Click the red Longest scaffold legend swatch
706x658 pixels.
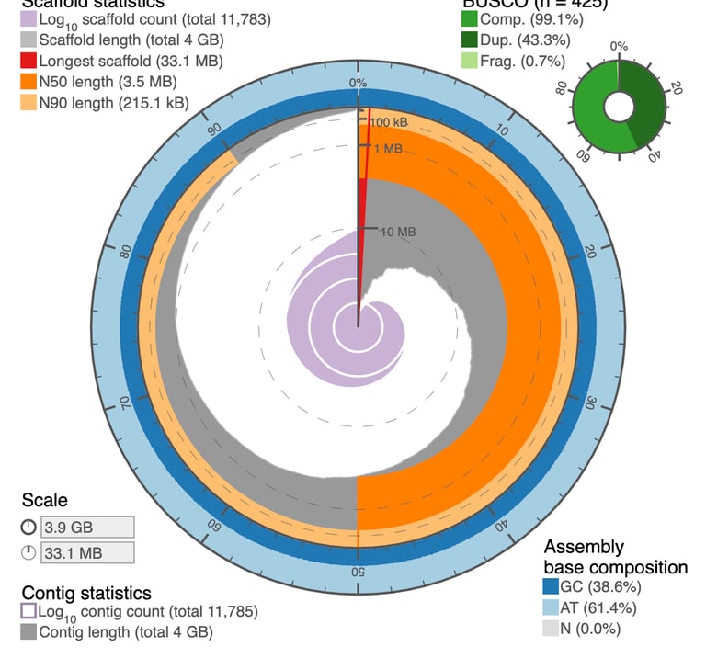pyautogui.click(x=28, y=61)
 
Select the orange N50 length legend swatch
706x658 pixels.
pyautogui.click(x=28, y=82)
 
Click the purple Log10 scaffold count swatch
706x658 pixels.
pyautogui.click(x=28, y=18)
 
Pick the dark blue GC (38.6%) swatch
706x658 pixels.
pyautogui.click(x=552, y=586)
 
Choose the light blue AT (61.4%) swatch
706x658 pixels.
pyautogui.click(x=552, y=607)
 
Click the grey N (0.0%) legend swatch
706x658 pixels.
pyautogui.click(x=552, y=629)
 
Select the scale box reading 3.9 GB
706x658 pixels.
pyautogui.click(x=87, y=527)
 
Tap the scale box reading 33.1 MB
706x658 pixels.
pyautogui.click(x=87, y=552)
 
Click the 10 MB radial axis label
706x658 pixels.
pyautogui.click(x=397, y=232)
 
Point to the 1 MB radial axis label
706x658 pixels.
pyautogui.click(x=386, y=147)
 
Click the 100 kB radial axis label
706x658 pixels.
pyautogui.click(x=390, y=122)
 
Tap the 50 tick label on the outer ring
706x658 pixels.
pyautogui.click(x=358, y=573)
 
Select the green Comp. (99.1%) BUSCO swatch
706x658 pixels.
pyautogui.click(x=470, y=18)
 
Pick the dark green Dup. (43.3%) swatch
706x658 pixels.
pyautogui.click(x=470, y=40)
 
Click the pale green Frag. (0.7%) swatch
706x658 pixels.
pyautogui.click(x=470, y=61)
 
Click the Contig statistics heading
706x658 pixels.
pyautogui.click(x=86, y=593)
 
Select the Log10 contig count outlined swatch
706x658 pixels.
pyautogui.click(x=28, y=611)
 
